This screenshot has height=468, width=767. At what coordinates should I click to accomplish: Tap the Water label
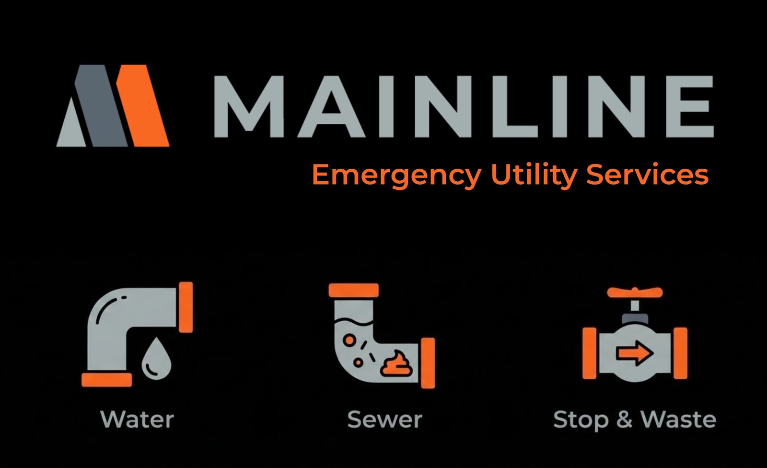(137, 420)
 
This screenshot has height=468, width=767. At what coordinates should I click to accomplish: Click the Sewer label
(384, 420)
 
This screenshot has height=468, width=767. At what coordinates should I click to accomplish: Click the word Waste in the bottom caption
(678, 420)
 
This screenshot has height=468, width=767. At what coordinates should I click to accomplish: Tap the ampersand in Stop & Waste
(624, 420)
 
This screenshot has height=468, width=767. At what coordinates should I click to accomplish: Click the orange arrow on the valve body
(634, 354)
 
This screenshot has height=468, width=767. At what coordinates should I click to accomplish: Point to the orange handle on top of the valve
(634, 292)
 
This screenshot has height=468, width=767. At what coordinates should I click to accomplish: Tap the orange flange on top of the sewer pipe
(354, 290)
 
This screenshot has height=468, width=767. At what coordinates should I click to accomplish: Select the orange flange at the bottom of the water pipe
(106, 380)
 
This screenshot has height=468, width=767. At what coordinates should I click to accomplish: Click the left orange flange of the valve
(589, 353)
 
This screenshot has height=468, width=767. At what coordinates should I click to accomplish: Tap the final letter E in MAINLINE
(690, 106)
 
